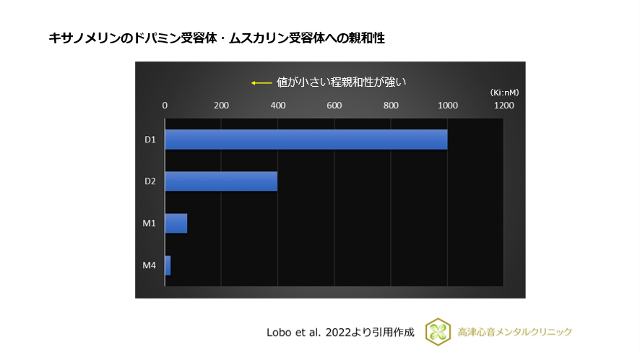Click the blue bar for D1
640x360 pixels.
306,140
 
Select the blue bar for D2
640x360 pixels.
221,181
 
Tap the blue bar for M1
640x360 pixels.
176,223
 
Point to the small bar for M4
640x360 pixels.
168,265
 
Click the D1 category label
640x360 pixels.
150,140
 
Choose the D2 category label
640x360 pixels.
150,181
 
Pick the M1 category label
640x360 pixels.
150,223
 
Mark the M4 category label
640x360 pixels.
150,265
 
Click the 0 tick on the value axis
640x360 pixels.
165,106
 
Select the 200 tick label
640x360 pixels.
221,106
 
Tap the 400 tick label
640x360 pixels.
277,106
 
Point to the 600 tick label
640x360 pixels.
334,106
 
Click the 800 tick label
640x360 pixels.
391,106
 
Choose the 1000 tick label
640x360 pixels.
447,106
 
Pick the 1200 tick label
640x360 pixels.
503,106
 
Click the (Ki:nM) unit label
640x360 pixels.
503,93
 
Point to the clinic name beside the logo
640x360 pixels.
515,332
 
